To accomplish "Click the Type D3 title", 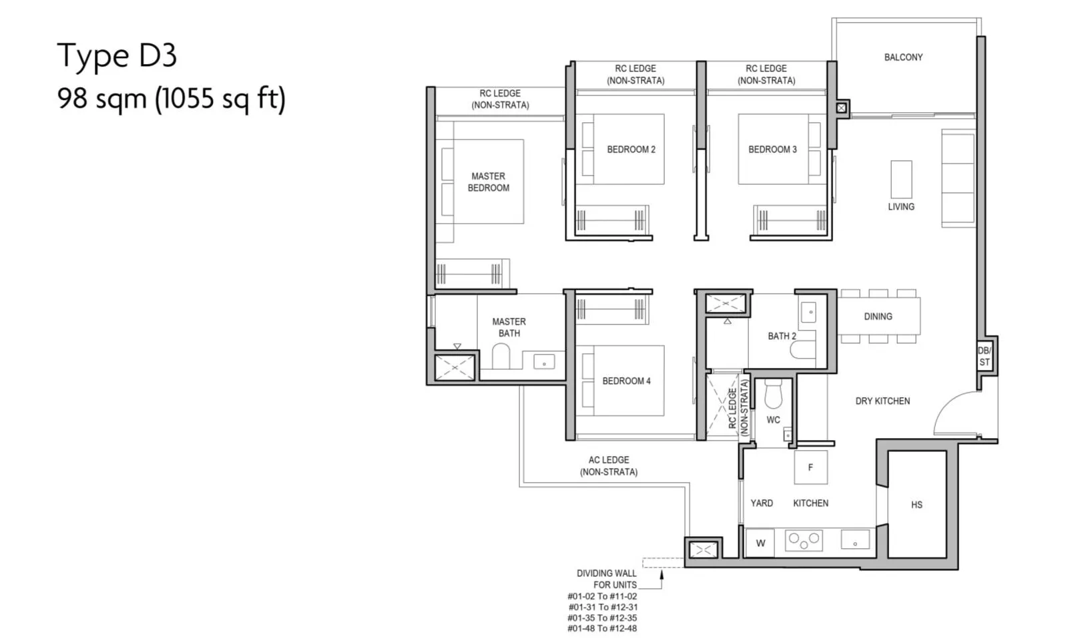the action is point(117,56).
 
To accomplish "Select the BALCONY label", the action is point(903,57).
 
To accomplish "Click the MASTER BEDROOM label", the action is point(488,182).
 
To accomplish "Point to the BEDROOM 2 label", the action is point(631,150).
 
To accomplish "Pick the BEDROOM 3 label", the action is point(772,150).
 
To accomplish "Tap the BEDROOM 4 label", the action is point(626,381).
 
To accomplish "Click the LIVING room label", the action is point(901,207).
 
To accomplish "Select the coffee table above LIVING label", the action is point(901,179).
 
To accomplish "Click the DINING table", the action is point(878,316).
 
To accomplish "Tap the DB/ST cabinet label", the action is point(984,357).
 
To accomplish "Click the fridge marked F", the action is point(810,467).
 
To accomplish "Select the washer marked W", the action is point(760,543).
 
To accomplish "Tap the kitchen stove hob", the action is point(804,541).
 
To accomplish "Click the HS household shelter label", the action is point(916,505).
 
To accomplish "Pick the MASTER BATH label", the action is point(509,327).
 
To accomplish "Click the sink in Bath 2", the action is point(808,312).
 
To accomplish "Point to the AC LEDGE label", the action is point(609,466).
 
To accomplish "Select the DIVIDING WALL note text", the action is point(606,579).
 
